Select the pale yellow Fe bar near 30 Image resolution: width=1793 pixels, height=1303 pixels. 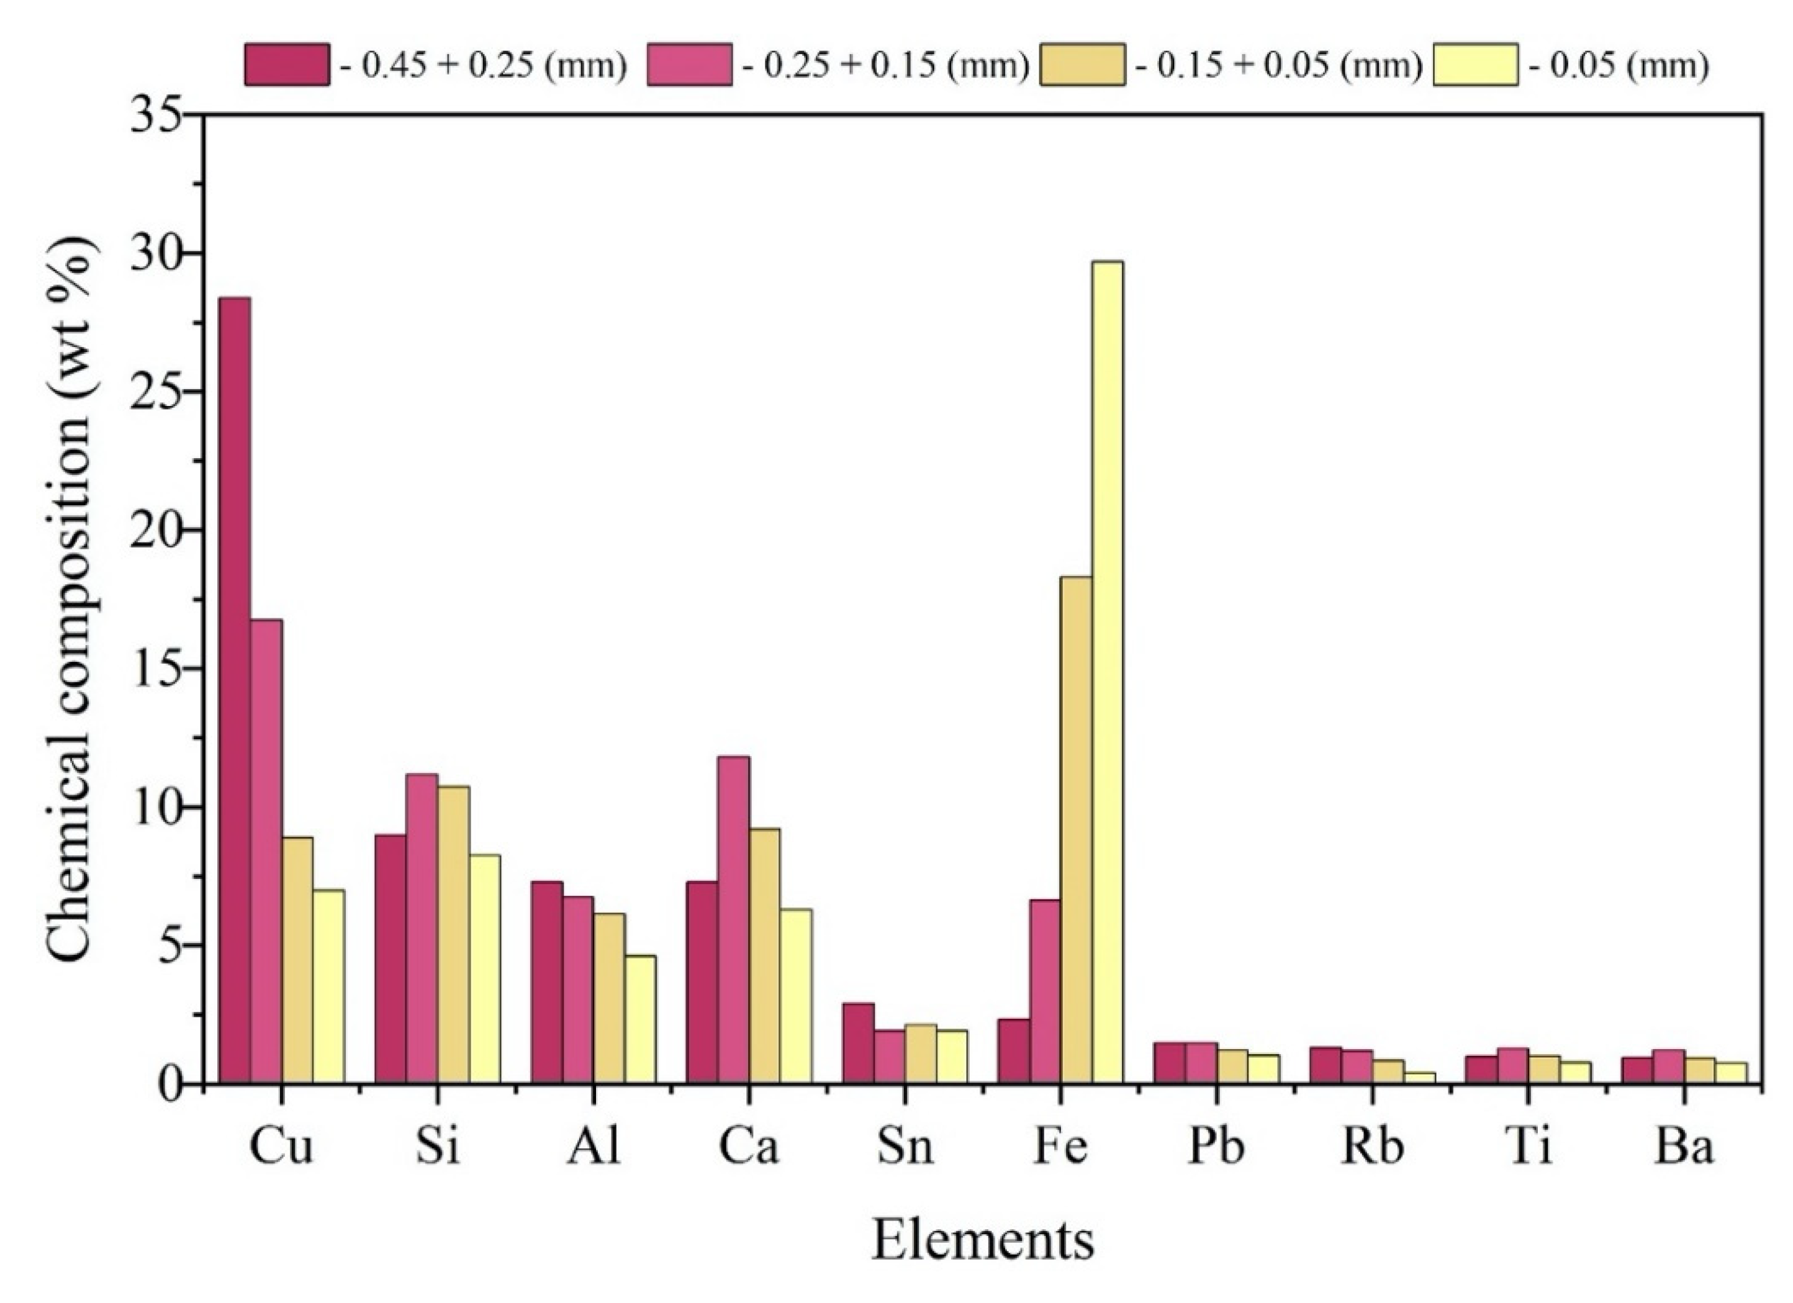tap(1107, 672)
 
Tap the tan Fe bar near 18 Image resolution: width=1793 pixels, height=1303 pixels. tap(1076, 830)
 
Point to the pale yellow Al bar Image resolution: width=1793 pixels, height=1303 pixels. tap(639, 1019)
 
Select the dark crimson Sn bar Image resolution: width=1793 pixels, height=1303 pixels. tap(858, 1043)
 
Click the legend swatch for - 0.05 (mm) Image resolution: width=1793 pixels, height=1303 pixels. tap(1475, 65)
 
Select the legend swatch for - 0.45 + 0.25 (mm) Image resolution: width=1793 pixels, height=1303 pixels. tap(286, 65)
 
